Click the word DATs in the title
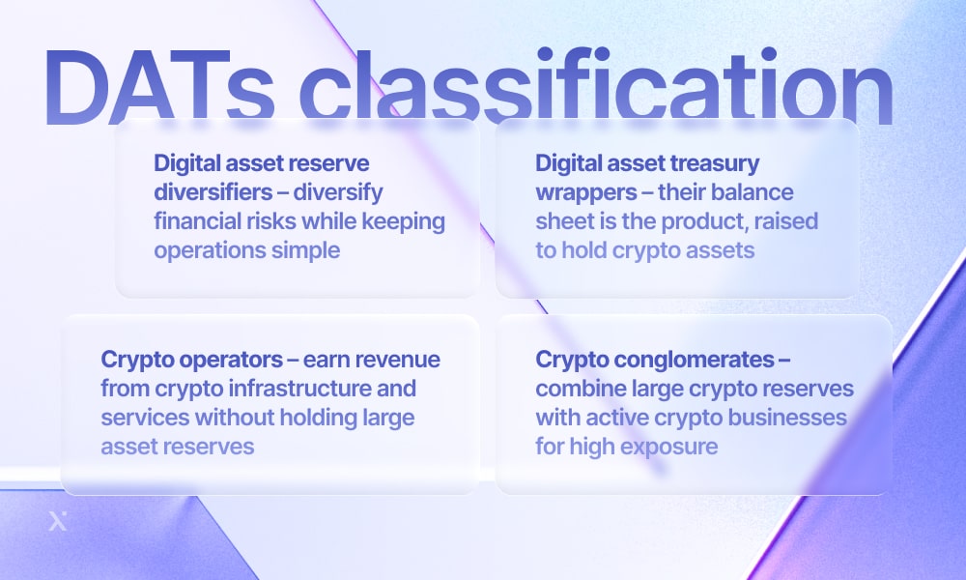click(x=158, y=87)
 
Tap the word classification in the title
click(x=596, y=87)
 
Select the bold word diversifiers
click(x=213, y=192)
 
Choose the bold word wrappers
click(x=586, y=193)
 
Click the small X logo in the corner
click(x=57, y=521)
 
